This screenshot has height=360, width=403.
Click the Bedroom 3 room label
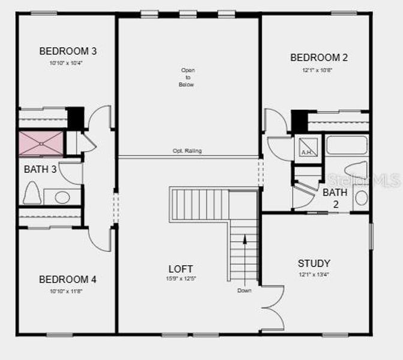click(68, 51)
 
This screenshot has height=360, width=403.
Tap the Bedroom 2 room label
click(318, 58)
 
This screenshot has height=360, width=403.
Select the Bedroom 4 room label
click(68, 279)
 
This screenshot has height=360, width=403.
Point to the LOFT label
click(180, 269)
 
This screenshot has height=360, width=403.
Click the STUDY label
click(314, 263)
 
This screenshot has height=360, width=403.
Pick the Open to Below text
click(188, 77)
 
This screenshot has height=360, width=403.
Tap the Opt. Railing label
click(187, 151)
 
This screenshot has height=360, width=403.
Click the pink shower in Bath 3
click(41, 144)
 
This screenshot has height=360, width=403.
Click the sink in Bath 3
click(62, 196)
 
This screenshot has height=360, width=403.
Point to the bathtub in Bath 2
click(346, 145)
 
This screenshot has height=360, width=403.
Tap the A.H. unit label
click(306, 152)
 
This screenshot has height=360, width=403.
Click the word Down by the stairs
click(244, 290)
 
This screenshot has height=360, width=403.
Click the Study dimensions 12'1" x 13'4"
click(314, 275)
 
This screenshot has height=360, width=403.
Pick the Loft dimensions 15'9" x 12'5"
click(180, 278)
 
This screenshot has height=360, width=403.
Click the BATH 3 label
click(40, 170)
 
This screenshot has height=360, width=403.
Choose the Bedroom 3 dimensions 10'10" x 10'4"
click(68, 62)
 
